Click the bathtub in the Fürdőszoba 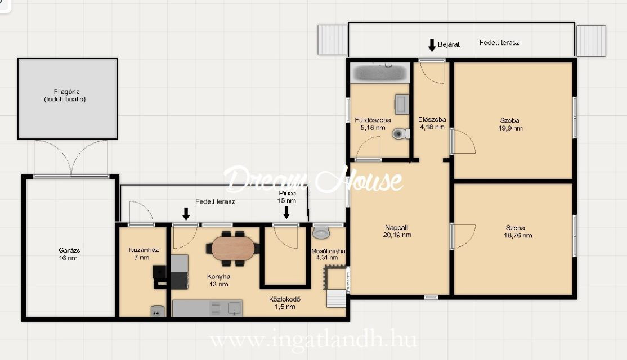pos(380,73)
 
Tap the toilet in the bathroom pos(400,133)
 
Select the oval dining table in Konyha pos(232,248)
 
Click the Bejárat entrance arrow pos(432,45)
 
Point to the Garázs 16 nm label pos(69,254)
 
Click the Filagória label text pos(66,92)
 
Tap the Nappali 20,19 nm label pos(397,231)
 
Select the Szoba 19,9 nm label pos(510,124)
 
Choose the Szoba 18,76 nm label pos(517,232)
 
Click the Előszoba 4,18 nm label pos(432,123)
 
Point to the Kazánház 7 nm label pos(144,253)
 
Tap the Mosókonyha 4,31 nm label pos(328,254)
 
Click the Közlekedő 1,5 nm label pos(285,303)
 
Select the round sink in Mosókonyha pos(321,232)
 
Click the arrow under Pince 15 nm pos(286,213)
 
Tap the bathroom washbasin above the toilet pos(402,104)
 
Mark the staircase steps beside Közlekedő pos(336,299)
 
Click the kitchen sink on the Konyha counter pos(234,308)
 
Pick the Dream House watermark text pos(313,179)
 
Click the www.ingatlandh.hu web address pos(313,340)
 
